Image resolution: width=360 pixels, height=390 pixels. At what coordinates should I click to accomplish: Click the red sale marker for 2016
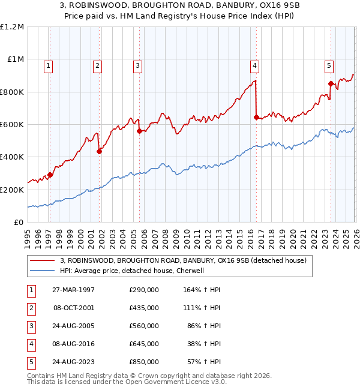pyautogui.click(x=256, y=118)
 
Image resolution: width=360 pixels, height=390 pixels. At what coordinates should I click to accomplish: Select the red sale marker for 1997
pyautogui.click(x=50, y=175)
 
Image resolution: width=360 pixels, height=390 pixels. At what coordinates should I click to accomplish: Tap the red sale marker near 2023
pyautogui.click(x=331, y=84)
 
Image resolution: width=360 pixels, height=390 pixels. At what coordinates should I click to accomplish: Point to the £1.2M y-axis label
pyautogui.click(x=12, y=27)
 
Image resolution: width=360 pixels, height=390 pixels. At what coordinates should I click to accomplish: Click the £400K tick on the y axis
pyautogui.click(x=12, y=157)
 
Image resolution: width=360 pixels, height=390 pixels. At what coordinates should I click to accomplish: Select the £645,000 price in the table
pyautogui.click(x=144, y=344)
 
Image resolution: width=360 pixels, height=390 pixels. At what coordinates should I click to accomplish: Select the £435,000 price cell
pyautogui.click(x=144, y=308)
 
